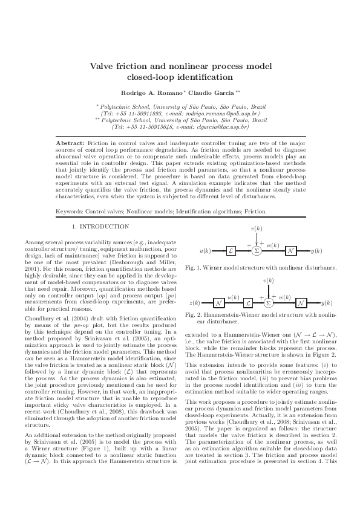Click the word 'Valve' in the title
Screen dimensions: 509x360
pyautogui.click(x=103, y=66)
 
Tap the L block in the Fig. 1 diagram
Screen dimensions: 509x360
pyautogui.click(x=231, y=250)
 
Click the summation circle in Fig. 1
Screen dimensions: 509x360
pyautogui.click(x=256, y=250)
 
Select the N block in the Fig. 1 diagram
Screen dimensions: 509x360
pyautogui.click(x=290, y=250)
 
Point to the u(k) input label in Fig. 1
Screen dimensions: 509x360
pyautogui.click(x=205, y=250)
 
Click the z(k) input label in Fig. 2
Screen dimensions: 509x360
pyautogui.click(x=195, y=302)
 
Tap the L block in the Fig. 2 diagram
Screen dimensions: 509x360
pyautogui.click(x=249, y=302)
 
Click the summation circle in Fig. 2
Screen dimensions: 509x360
pyautogui.click(x=268, y=302)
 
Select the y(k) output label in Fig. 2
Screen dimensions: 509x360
pyautogui.click(x=327, y=302)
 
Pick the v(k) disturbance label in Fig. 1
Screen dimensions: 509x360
pyautogui.click(x=256, y=230)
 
